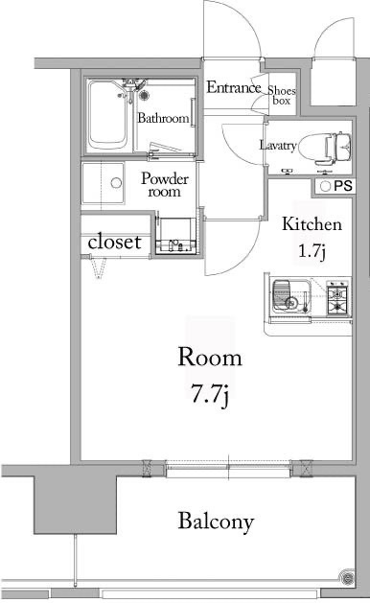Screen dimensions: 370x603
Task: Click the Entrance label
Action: tap(234, 87)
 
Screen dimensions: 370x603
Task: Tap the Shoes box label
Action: tap(282, 95)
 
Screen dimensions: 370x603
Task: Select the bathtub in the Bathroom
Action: tap(107, 115)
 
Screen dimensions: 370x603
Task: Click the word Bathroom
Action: tap(164, 118)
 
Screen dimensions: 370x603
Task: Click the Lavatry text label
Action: tap(278, 146)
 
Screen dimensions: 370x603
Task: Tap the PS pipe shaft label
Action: tap(343, 186)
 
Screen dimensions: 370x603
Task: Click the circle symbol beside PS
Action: tap(325, 187)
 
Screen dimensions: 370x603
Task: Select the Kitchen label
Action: tap(312, 224)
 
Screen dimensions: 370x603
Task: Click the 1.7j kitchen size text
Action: tap(312, 251)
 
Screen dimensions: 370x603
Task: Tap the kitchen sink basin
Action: tap(291, 296)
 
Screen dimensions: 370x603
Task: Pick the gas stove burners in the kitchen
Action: tap(337, 298)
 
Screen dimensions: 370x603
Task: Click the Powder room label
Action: tap(165, 185)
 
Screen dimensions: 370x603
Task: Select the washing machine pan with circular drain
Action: tap(104, 183)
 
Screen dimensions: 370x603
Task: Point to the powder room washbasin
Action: tap(175, 236)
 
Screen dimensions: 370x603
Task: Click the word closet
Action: tap(114, 242)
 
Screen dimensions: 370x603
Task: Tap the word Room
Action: tap(210, 358)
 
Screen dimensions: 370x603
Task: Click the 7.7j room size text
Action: tap(210, 394)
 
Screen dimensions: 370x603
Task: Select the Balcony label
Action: tap(216, 522)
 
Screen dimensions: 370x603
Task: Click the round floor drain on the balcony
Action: tap(347, 576)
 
